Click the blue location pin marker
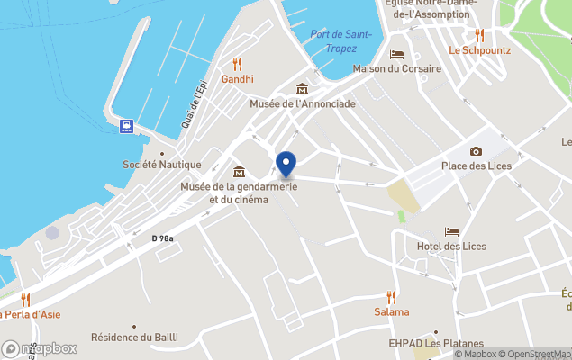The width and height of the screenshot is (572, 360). (286, 166)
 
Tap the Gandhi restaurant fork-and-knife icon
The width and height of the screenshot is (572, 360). (238, 64)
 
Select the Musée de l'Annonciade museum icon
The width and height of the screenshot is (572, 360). (303, 88)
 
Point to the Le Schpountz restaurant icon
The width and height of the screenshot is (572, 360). (479, 35)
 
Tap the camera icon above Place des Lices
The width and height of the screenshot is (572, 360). (476, 151)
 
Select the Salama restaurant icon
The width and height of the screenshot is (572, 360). (391, 296)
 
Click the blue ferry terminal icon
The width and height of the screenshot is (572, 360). (127, 126)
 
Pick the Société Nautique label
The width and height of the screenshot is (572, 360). (162, 165)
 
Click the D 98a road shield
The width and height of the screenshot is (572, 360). (162, 238)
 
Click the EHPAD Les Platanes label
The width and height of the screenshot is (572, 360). (436, 343)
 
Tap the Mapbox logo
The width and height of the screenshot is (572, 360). (40, 348)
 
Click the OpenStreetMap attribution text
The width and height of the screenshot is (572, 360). (536, 354)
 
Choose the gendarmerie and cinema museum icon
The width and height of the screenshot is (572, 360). (239, 172)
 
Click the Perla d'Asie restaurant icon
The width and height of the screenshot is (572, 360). (25, 299)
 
